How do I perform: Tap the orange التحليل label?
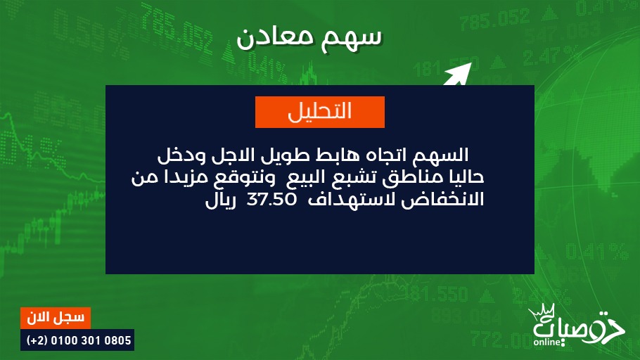tap(319, 112)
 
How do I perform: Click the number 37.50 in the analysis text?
tap(271, 200)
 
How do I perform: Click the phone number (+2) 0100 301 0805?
tap(79, 340)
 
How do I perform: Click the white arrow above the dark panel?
tap(458, 75)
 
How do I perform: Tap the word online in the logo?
tap(547, 342)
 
